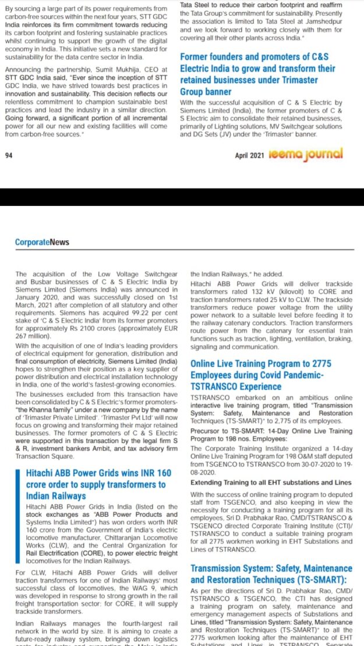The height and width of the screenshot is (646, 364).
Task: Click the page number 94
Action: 9,156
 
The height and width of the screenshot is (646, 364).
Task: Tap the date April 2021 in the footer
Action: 250,156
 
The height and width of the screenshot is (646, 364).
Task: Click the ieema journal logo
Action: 306,154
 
